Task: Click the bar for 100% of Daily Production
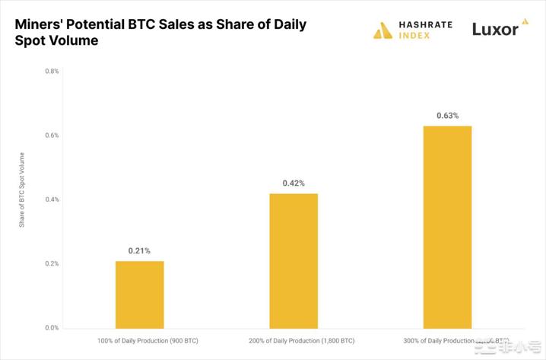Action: (139, 295)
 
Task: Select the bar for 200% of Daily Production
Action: (294, 260)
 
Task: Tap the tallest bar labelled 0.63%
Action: (447, 227)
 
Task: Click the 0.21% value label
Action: (139, 250)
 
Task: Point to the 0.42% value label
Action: (294, 183)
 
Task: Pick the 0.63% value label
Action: (447, 116)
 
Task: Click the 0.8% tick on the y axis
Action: (52, 71)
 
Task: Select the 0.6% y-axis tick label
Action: (52, 135)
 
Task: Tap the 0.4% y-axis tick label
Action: (52, 199)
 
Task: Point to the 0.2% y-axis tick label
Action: (52, 263)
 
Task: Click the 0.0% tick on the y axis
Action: (52, 328)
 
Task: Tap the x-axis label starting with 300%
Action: (445, 342)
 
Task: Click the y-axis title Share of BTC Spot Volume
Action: (22, 190)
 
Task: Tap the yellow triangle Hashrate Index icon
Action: (383, 30)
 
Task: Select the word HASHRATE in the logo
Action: (426, 24)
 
